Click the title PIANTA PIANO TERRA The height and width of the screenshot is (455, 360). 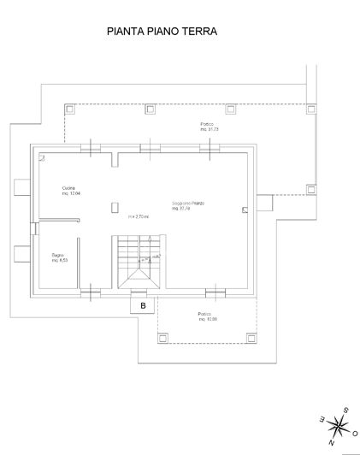point(162,32)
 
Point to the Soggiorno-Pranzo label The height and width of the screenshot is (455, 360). point(186,204)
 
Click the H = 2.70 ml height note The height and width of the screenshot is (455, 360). point(139,216)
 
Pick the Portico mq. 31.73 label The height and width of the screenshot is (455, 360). point(210,127)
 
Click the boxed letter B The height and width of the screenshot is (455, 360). point(143,304)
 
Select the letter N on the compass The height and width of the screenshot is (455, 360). point(332,441)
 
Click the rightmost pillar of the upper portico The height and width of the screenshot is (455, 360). point(310,109)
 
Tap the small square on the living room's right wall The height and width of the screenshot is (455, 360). point(245,209)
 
